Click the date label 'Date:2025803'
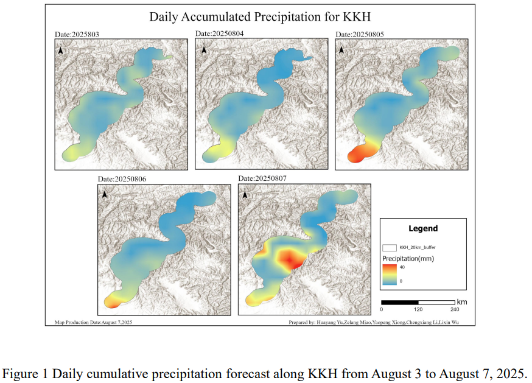[x=77, y=35]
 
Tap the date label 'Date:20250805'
[x=360, y=34]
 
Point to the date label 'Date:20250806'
[x=122, y=180]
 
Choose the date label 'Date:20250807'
[x=262, y=178]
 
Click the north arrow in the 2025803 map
[x=61, y=51]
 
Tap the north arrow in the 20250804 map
[x=203, y=50]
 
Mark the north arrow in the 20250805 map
[x=343, y=51]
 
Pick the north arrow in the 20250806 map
[x=105, y=194]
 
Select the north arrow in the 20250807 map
[x=245, y=195]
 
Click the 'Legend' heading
[x=422, y=229]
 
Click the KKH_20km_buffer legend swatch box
[x=390, y=248]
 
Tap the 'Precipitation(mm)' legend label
[x=408, y=258]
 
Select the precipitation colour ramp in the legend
[x=390, y=274]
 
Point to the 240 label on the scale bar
[x=455, y=309]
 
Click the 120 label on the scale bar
[x=418, y=309]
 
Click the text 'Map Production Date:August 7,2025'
[x=94, y=322]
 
